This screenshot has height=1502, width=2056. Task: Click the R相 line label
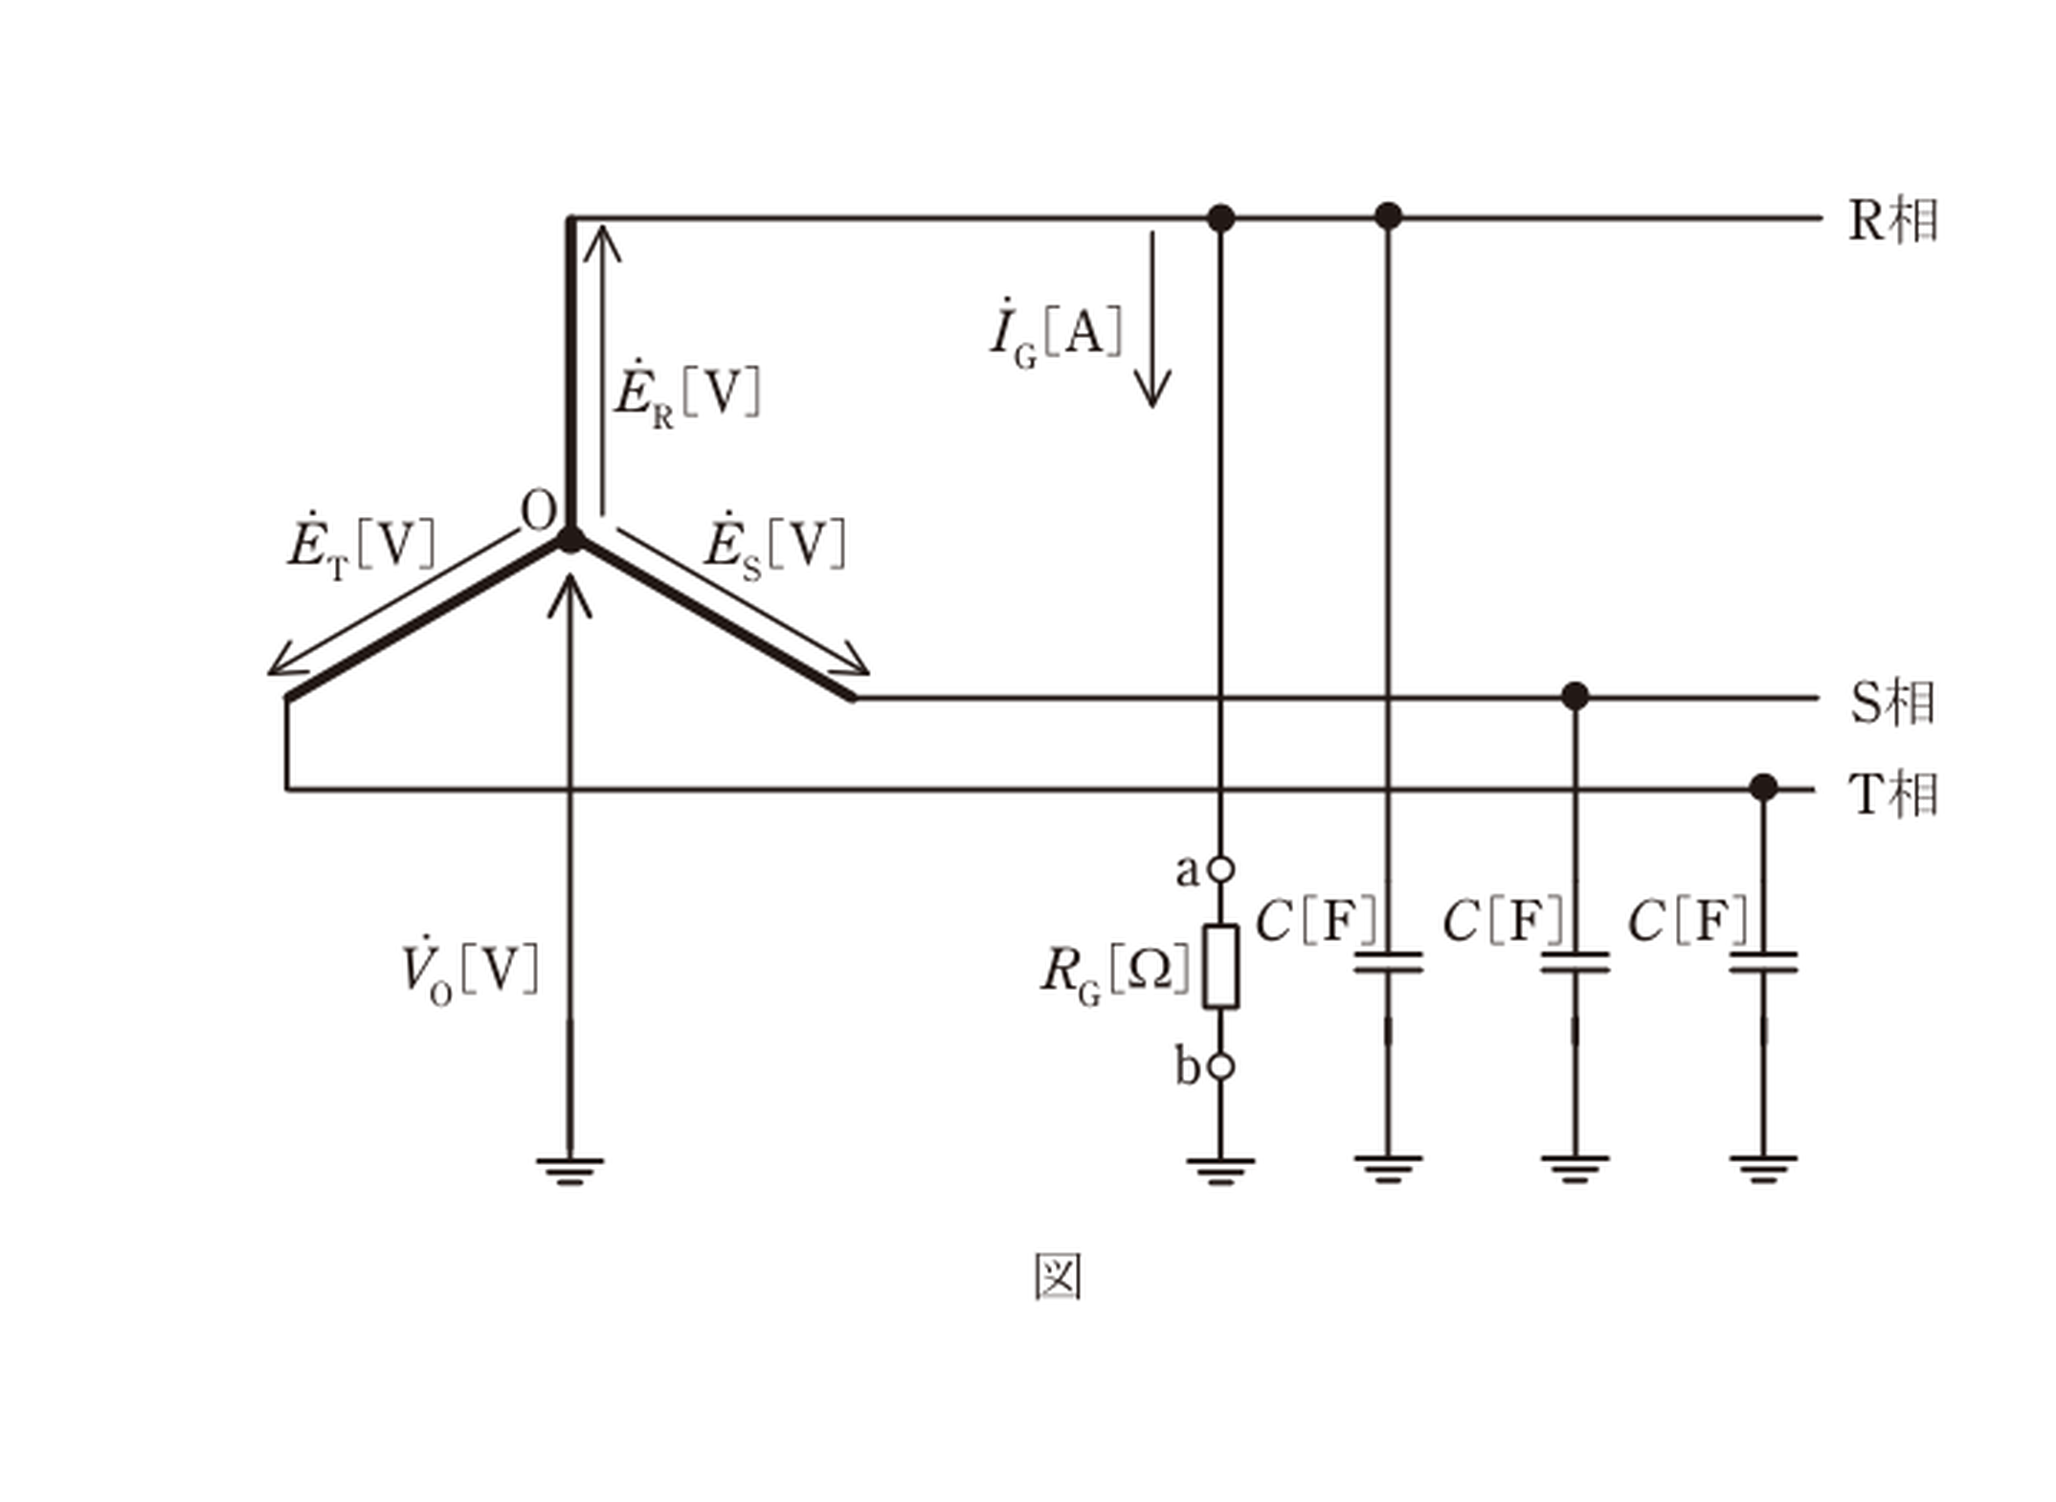pyautogui.click(x=1893, y=221)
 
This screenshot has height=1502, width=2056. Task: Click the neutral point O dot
pyautogui.click(x=570, y=539)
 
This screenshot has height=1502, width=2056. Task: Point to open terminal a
pyautogui.click(x=1220, y=869)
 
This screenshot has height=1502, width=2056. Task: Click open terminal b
pyautogui.click(x=1220, y=1066)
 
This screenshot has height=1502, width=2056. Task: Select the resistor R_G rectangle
pyautogui.click(x=1220, y=966)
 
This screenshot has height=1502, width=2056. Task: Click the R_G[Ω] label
pyautogui.click(x=1116, y=975)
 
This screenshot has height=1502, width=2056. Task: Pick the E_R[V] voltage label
pyautogui.click(x=687, y=394)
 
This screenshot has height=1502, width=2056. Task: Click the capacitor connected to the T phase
pyautogui.click(x=1763, y=962)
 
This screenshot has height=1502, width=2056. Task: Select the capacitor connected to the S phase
pyautogui.click(x=1575, y=962)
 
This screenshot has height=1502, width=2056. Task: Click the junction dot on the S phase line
pyautogui.click(x=1575, y=697)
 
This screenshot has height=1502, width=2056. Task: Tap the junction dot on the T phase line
pyautogui.click(x=1763, y=788)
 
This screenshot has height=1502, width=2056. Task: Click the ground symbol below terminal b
pyautogui.click(x=1220, y=1171)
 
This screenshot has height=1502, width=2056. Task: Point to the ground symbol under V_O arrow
pyautogui.click(x=570, y=1171)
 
